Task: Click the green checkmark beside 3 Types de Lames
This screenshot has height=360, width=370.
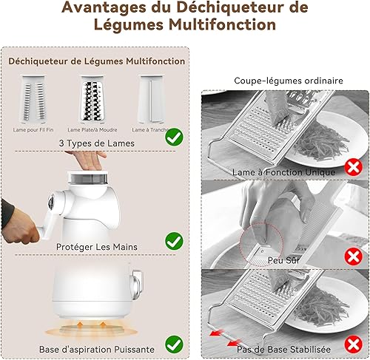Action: pyautogui.click(x=174, y=137)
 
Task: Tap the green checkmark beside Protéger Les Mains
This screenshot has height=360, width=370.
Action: pyautogui.click(x=174, y=240)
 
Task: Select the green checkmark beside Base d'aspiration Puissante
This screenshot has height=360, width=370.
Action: pyautogui.click(x=174, y=344)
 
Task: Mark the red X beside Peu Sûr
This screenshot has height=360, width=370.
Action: pyautogui.click(x=354, y=258)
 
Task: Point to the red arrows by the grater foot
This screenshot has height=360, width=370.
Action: pyautogui.click(x=222, y=342)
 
